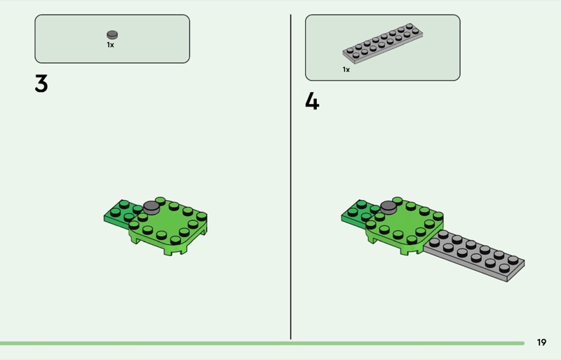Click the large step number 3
point(41,84)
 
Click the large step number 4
point(312,101)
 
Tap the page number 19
point(541,342)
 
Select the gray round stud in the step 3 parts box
point(112,35)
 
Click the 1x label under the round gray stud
point(110,45)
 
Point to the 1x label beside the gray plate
point(346,69)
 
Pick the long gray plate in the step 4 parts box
point(382,44)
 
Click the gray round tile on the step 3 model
point(151,207)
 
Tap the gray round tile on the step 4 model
point(389,207)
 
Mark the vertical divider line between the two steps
point(290,177)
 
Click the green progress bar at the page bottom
point(262,343)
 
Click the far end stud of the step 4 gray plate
point(513,260)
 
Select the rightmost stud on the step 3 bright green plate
point(201,216)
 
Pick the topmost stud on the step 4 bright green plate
point(398,201)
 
